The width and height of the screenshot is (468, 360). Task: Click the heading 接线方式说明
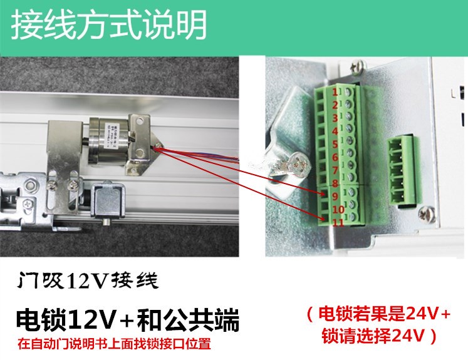(109, 26)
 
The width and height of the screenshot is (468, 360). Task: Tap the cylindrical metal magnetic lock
(110, 138)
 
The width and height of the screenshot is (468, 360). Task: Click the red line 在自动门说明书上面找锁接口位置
(113, 344)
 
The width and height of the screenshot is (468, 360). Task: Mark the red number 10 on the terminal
(336, 209)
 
